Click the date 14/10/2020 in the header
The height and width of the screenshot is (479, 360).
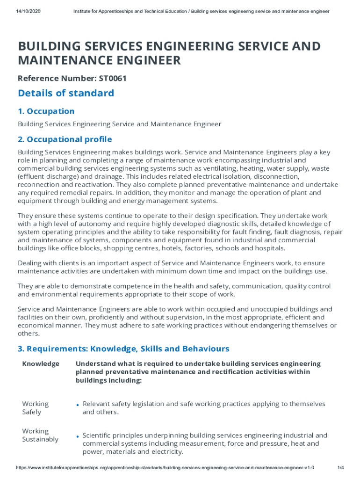pyautogui.click(x=28, y=11)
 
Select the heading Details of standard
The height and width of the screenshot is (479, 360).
pyautogui.click(x=66, y=93)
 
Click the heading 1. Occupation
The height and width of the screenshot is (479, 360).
pyautogui.click(x=46, y=111)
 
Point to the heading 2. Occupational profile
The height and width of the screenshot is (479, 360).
pyautogui.click(x=65, y=139)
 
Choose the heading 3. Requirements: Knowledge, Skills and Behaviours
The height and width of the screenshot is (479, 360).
pyautogui.click(x=123, y=348)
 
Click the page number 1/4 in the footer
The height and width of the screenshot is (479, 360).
pyautogui.click(x=340, y=468)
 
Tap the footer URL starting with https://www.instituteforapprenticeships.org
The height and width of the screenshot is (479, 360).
pyautogui.click(x=165, y=468)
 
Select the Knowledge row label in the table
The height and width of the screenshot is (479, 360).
pyautogui.click(x=41, y=363)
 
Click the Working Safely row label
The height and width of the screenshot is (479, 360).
pyautogui.click(x=35, y=408)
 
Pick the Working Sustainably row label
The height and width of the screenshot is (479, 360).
pyautogui.click(x=40, y=435)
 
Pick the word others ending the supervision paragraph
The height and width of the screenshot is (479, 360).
pyautogui.click(x=28, y=334)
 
